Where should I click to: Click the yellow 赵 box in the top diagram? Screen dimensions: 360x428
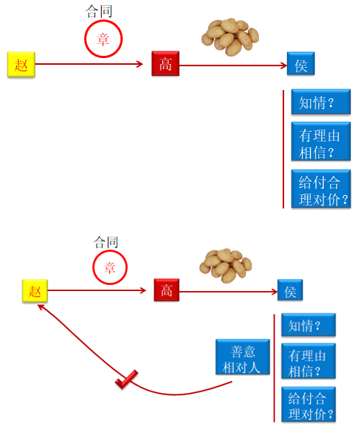point(22,65)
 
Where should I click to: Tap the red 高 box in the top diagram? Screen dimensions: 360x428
point(166,63)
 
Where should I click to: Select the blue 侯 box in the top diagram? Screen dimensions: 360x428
point(300,63)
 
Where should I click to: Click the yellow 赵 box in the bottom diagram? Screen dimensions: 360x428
point(35,291)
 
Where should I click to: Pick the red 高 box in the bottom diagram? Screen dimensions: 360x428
point(167,290)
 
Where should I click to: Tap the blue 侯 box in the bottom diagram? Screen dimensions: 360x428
point(290,290)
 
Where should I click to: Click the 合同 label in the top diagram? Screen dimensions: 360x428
point(99,11)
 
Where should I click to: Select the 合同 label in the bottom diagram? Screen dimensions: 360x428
point(106,242)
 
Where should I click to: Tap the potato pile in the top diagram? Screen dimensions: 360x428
point(230,37)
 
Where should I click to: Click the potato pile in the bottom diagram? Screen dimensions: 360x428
point(225,266)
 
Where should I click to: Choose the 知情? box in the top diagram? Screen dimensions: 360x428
point(321,101)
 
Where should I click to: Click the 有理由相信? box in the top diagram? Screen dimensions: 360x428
point(321,141)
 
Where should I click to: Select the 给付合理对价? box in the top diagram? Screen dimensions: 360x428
point(321,189)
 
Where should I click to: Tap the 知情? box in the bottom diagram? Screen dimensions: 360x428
point(309,325)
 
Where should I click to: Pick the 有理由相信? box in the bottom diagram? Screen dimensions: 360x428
point(309,361)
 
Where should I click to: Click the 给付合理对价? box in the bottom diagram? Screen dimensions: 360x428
point(309,404)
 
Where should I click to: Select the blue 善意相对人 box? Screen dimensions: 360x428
point(242,357)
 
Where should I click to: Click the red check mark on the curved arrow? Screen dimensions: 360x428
point(126,380)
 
